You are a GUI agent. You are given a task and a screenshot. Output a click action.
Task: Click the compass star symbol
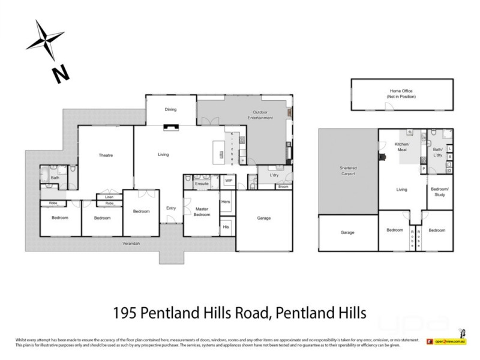tap(44, 38)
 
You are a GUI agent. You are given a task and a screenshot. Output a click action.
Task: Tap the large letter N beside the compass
tap(60, 74)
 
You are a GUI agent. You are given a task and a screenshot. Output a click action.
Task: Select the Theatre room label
tap(106, 155)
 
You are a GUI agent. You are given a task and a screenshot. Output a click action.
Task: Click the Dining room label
tap(171, 110)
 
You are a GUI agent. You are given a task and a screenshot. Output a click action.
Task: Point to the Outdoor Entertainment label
tap(263, 115)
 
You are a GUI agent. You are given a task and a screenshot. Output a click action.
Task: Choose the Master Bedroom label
tap(201, 212)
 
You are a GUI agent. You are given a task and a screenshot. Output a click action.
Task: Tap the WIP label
tap(229, 180)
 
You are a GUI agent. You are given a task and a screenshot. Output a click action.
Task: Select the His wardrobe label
tap(226, 227)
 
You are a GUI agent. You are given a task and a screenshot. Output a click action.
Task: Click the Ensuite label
tap(202, 183)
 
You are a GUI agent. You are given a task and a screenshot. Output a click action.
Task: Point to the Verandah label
tap(131, 243)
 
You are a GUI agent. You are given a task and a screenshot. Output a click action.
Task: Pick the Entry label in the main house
tap(171, 208)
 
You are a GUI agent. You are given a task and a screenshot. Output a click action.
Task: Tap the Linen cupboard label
tap(109, 197)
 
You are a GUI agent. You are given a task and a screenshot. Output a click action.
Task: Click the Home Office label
tap(401, 94)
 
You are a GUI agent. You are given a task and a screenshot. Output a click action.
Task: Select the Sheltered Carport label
tap(347, 171)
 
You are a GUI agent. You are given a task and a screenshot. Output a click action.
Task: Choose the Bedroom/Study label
tap(440, 192)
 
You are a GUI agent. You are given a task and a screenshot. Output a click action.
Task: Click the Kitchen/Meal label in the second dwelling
tap(401, 148)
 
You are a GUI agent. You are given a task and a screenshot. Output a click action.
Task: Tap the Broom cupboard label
tap(282, 187)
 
